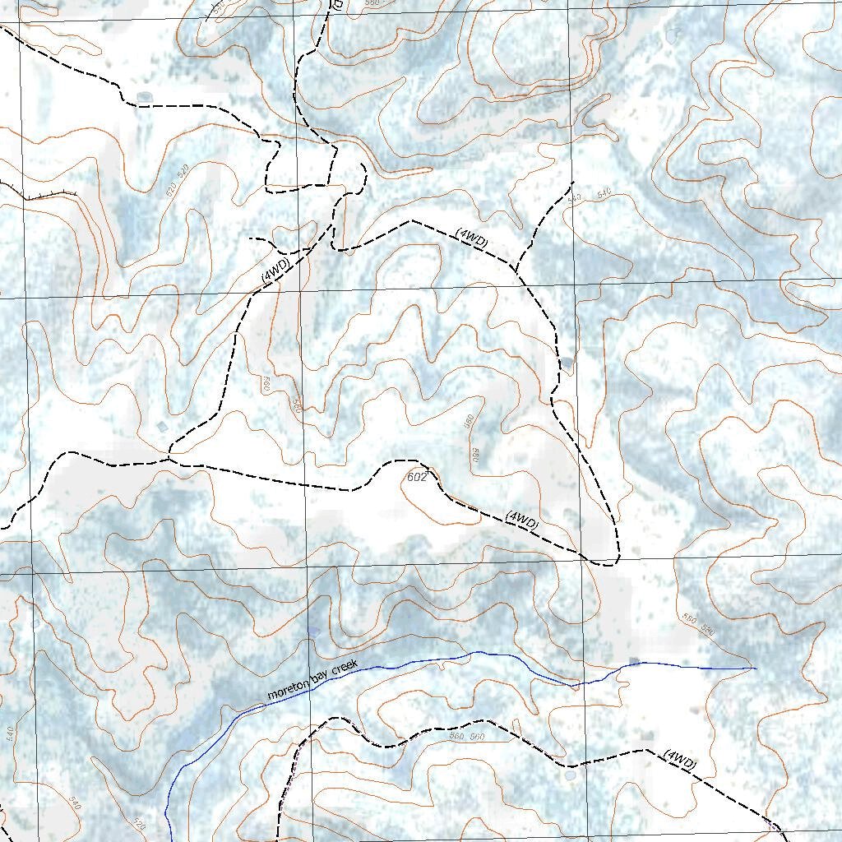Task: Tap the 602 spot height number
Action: click(417, 477)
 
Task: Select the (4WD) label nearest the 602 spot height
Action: click(522, 520)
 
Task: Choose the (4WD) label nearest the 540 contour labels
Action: click(472, 238)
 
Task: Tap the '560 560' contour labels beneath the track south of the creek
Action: click(468, 737)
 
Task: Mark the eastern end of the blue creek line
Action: click(755, 668)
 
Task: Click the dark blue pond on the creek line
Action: click(634, 662)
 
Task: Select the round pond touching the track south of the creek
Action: click(569, 775)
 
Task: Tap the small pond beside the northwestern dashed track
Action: click(145, 96)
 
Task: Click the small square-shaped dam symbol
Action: click(160, 427)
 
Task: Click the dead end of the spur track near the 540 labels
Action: click(572, 180)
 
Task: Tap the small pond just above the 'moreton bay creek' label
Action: click(312, 633)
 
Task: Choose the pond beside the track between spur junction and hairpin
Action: click(567, 361)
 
